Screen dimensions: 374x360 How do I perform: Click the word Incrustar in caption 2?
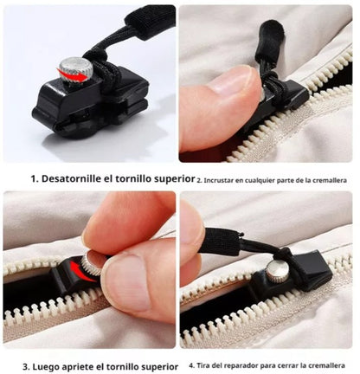(219, 181)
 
